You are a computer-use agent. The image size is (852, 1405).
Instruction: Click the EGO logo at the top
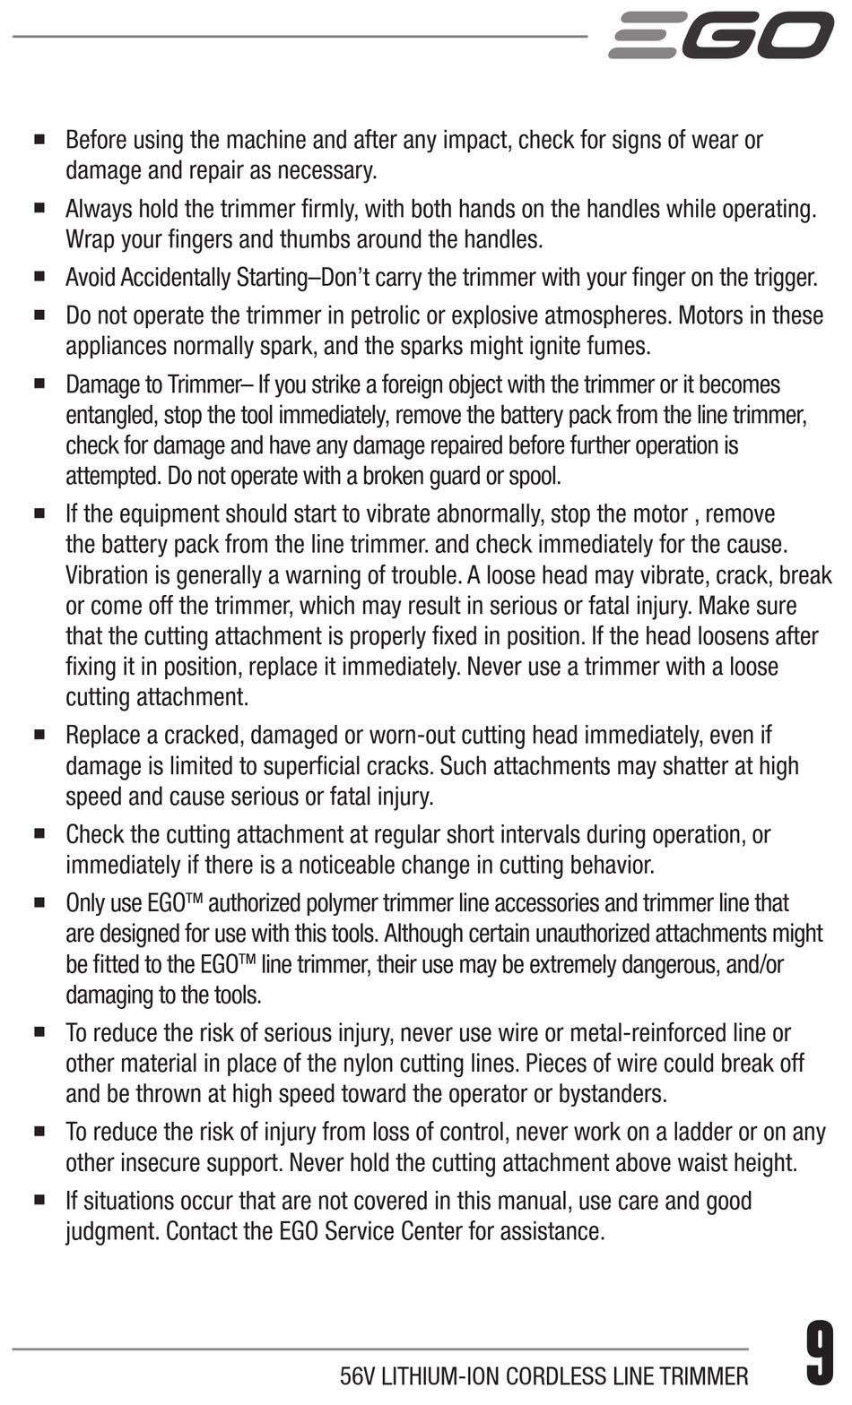coord(720,35)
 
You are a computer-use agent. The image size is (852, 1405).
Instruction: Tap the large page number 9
coord(819,1353)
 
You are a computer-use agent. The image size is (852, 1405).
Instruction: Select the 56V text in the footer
coord(358,1376)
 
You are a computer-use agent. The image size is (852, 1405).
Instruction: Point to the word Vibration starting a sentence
coord(106,575)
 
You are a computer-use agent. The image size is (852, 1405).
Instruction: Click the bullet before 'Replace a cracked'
coord(39,736)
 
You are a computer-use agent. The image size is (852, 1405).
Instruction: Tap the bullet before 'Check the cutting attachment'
coord(39,835)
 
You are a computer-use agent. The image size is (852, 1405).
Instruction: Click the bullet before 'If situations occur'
coord(39,1202)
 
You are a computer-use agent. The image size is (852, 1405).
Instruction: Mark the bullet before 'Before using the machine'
coord(39,141)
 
